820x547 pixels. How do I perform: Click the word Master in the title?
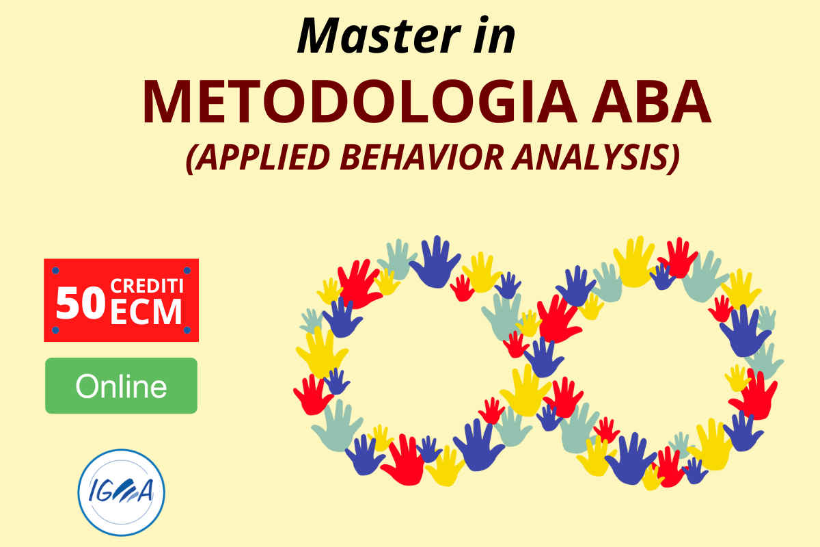click(x=379, y=36)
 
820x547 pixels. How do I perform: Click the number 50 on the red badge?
click(x=81, y=304)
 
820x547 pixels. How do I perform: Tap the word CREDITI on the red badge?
click(x=147, y=286)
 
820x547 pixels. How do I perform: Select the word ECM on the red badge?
click(x=146, y=311)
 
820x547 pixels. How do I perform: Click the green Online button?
click(x=121, y=386)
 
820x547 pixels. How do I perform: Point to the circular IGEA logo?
click(x=121, y=493)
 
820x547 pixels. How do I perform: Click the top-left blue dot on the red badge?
click(x=55, y=271)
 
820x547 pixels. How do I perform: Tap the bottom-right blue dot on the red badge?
click(x=187, y=330)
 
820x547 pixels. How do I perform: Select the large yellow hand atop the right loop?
click(x=633, y=263)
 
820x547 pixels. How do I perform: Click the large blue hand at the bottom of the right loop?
click(x=630, y=459)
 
